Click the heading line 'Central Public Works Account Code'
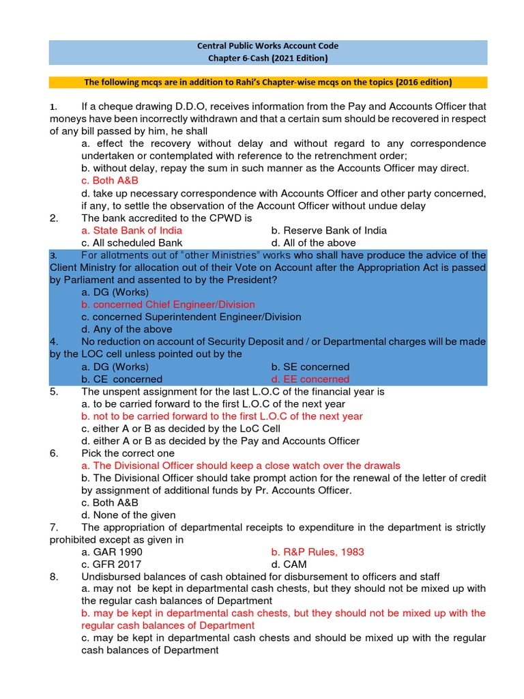[x=267, y=46]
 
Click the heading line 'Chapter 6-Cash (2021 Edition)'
[x=267, y=58]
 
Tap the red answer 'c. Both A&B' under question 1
[x=109, y=181]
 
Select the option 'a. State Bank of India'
[x=131, y=230]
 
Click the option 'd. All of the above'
[x=313, y=242]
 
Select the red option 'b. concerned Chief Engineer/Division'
[x=167, y=304]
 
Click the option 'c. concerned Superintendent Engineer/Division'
[x=190, y=317]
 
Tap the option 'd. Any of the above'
[x=123, y=329]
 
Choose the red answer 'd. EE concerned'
[x=310, y=379]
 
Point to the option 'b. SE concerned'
[x=310, y=367]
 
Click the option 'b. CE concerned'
[x=121, y=379]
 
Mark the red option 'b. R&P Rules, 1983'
[x=317, y=552]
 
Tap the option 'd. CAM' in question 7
[x=289, y=564]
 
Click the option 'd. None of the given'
[x=128, y=515]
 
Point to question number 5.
[x=54, y=392]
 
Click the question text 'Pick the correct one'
[x=128, y=453]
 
